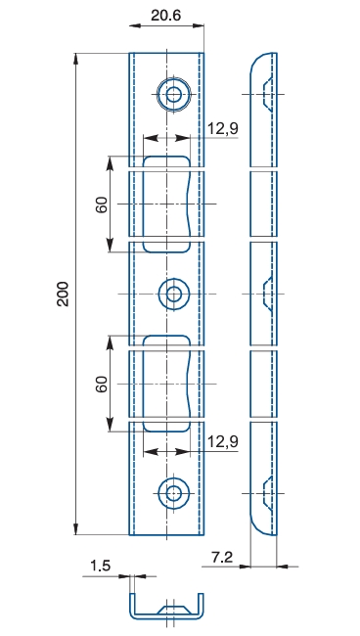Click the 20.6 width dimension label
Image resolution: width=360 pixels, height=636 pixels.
(165, 16)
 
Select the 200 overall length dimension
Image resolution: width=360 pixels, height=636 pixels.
(64, 294)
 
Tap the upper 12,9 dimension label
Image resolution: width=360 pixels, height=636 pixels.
(223, 128)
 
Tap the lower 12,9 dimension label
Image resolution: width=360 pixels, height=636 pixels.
(223, 441)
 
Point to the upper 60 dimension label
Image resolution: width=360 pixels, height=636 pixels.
(102, 204)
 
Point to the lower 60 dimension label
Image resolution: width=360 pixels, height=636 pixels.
(102, 385)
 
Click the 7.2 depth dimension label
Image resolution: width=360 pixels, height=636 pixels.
(222, 558)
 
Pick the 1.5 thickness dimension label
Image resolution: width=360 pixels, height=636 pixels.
(100, 566)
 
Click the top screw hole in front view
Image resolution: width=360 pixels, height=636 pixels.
(174, 95)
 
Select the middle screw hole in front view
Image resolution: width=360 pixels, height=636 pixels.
(174, 294)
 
